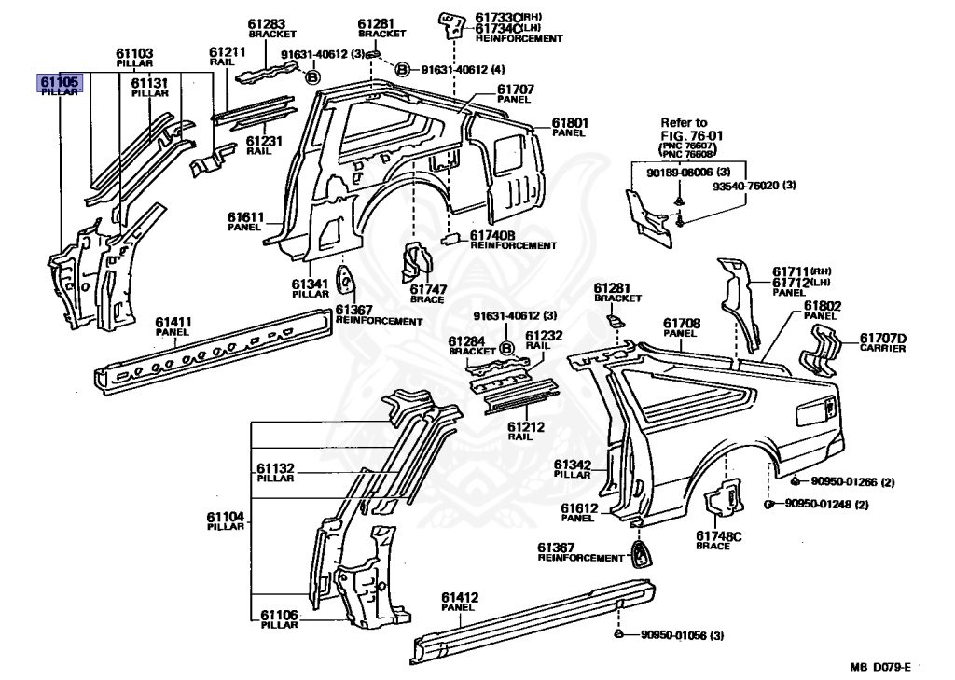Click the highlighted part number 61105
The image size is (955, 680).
click(x=59, y=81)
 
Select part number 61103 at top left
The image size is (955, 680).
click(x=134, y=53)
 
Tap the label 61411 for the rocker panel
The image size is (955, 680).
click(x=173, y=323)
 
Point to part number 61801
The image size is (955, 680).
click(x=570, y=123)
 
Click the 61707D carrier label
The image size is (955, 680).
click(x=883, y=339)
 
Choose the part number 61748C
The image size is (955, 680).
click(x=719, y=536)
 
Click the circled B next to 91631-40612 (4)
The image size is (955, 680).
click(x=403, y=69)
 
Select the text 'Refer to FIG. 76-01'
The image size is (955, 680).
click(x=692, y=129)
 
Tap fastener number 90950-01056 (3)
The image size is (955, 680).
click(x=682, y=635)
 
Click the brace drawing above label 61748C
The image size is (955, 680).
click(x=724, y=497)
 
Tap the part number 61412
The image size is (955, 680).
click(x=460, y=598)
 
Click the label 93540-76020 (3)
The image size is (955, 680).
click(x=754, y=186)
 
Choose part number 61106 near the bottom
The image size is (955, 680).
click(x=280, y=615)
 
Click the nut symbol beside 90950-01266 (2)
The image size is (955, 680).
click(x=796, y=481)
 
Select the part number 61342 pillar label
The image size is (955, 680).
click(x=573, y=465)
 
